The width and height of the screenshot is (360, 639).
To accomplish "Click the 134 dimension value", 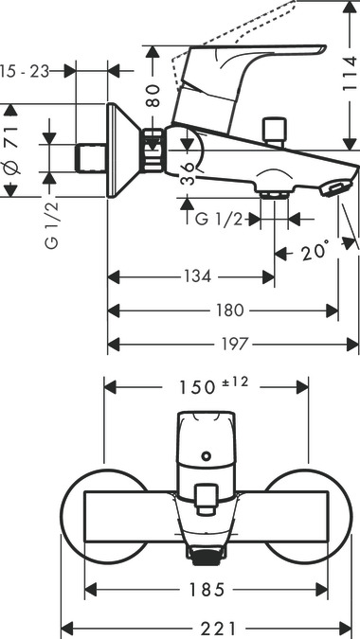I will (195, 276).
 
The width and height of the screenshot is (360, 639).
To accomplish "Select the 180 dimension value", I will (228, 310).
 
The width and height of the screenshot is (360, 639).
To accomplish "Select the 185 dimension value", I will (206, 590).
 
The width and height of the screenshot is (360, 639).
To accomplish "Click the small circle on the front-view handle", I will (206, 455).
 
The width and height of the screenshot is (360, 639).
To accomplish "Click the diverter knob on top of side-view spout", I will (277, 129).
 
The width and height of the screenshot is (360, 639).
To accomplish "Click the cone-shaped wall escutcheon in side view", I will (122, 151).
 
